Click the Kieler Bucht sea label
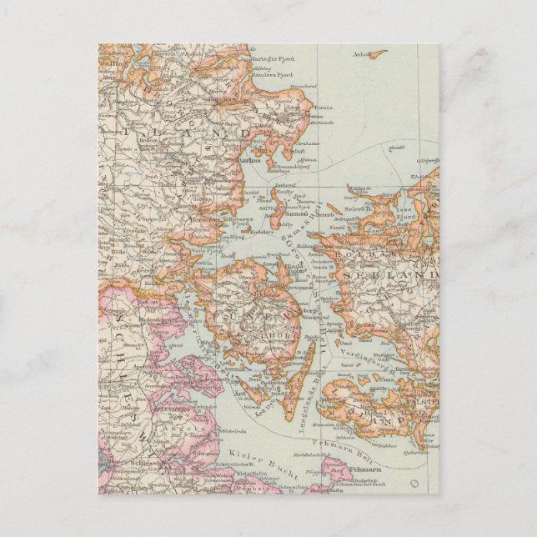pos(249,456)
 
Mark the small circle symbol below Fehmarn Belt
pos(414,484)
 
